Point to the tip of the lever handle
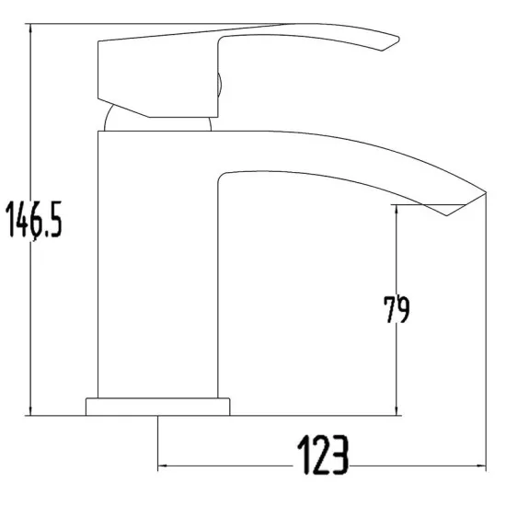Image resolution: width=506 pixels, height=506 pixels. click(x=394, y=40)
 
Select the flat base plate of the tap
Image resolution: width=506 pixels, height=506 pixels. click(x=157, y=406)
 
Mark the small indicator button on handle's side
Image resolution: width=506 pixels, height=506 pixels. click(x=217, y=86)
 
